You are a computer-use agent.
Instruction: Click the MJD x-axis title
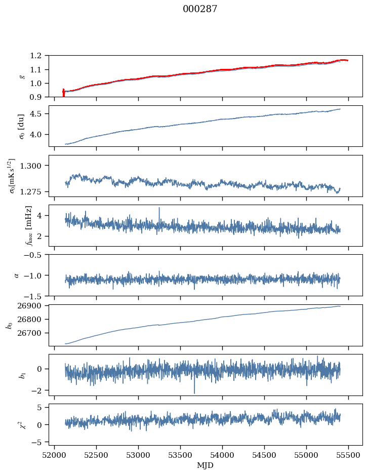[x=206, y=465]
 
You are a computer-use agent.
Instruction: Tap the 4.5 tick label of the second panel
[x=39, y=114]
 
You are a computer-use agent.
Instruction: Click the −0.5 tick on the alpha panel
[x=35, y=255]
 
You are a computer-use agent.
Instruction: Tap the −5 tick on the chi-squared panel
[x=38, y=442]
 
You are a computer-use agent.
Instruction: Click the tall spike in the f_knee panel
[x=159, y=208]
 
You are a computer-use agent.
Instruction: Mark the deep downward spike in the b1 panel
[x=194, y=392]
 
